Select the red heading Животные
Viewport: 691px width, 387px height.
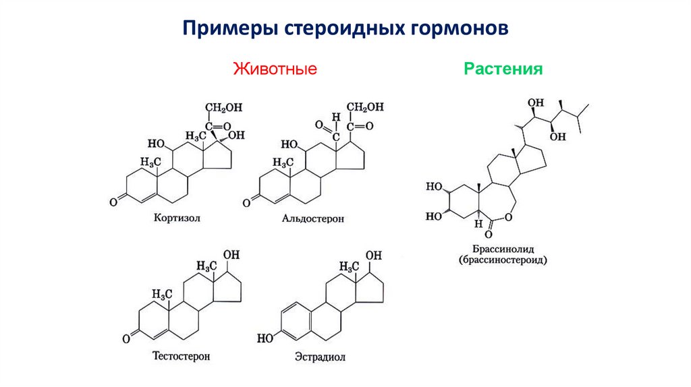tap(275, 69)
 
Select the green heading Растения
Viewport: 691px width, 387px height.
tap(503, 69)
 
